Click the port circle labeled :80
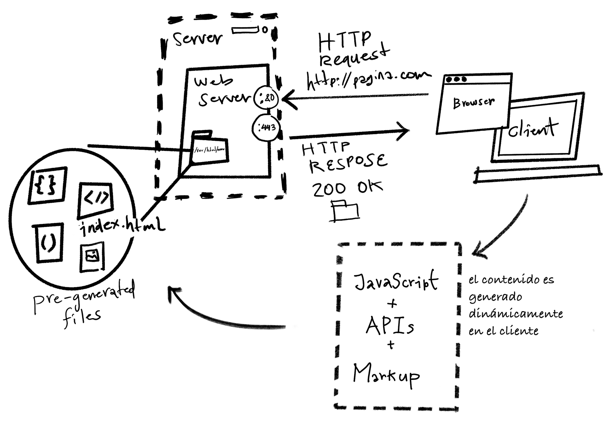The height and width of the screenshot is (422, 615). [x=266, y=98]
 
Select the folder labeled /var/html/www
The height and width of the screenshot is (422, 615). [x=210, y=149]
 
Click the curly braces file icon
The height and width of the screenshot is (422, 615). [x=47, y=185]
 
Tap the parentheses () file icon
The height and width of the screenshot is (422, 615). [x=49, y=242]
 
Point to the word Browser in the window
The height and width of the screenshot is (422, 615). [x=474, y=102]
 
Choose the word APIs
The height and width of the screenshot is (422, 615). [x=390, y=326]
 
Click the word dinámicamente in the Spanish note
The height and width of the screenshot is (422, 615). [x=515, y=314]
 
